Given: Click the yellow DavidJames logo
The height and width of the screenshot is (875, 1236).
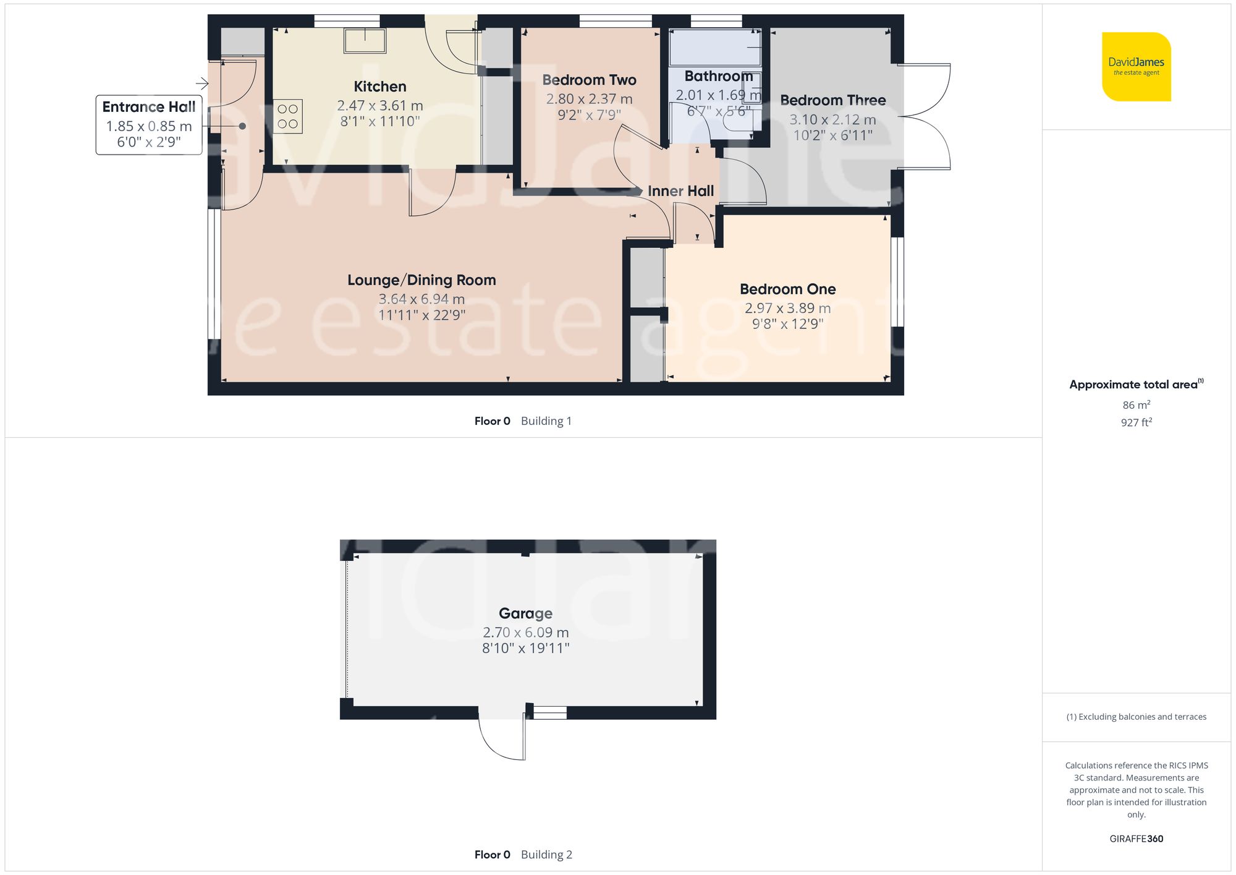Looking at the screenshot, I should pyautogui.click(x=1136, y=67).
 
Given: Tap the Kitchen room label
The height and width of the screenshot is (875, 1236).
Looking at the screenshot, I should pyautogui.click(x=379, y=87).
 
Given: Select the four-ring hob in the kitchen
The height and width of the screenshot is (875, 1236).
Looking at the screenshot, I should pyautogui.click(x=287, y=116).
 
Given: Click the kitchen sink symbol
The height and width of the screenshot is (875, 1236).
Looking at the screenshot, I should pyautogui.click(x=365, y=41).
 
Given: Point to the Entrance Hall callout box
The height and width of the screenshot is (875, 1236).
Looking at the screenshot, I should pyautogui.click(x=149, y=124).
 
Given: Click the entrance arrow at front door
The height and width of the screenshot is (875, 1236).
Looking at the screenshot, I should pyautogui.click(x=202, y=83).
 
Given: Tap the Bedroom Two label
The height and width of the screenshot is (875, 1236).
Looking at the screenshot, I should pyautogui.click(x=589, y=80).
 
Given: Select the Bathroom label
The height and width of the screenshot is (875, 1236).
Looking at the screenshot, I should pyautogui.click(x=718, y=76).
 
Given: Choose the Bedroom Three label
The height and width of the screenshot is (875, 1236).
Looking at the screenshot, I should pyautogui.click(x=832, y=100).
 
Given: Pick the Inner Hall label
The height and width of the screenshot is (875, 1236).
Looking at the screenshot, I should pyautogui.click(x=680, y=191).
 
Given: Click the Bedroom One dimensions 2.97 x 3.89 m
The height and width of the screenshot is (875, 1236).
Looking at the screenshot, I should pyautogui.click(x=787, y=308).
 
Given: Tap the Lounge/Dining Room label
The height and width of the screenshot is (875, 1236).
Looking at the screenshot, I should pyautogui.click(x=421, y=280).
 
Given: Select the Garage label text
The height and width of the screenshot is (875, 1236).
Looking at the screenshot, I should pyautogui.click(x=525, y=613).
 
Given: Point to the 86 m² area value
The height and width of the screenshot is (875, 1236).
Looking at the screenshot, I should pyautogui.click(x=1136, y=405).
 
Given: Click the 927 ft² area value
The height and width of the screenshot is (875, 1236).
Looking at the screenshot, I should pyautogui.click(x=1136, y=422).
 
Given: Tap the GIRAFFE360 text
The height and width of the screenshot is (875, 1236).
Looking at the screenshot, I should pyautogui.click(x=1136, y=839).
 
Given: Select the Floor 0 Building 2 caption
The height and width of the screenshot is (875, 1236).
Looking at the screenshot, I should pyautogui.click(x=523, y=855).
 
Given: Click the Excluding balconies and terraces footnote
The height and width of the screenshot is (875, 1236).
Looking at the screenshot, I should pyautogui.click(x=1136, y=717).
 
